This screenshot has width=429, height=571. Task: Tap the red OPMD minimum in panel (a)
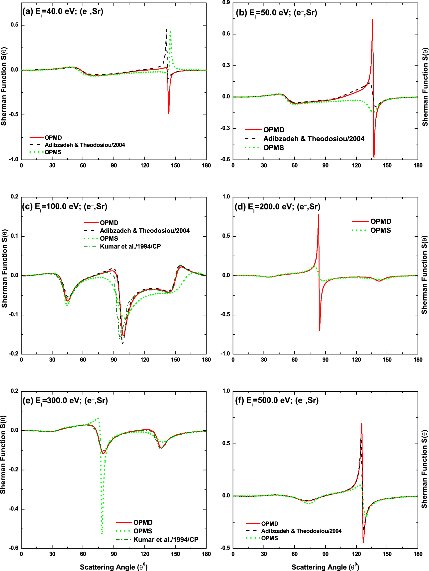click(x=169, y=113)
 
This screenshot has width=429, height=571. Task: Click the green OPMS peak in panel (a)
click(x=170, y=31)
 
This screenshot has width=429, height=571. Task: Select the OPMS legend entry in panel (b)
click(x=274, y=148)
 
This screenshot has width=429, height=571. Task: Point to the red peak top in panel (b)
click(x=372, y=20)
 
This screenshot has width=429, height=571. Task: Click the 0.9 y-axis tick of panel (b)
click(x=226, y=2)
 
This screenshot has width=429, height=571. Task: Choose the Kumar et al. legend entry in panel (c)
click(x=130, y=246)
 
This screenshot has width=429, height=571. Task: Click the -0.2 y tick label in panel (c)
click(x=14, y=354)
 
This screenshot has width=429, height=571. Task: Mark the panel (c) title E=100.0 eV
click(x=65, y=206)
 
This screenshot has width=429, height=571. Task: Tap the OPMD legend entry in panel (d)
click(x=380, y=221)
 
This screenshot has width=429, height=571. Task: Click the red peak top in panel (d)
click(x=319, y=214)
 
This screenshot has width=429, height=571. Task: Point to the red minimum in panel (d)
click(x=320, y=330)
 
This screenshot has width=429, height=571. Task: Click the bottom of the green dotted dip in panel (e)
click(x=102, y=533)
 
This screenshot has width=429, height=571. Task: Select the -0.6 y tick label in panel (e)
click(x=14, y=548)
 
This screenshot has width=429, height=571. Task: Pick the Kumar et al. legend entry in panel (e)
click(x=166, y=540)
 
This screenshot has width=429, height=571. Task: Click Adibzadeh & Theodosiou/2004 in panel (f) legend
click(x=301, y=531)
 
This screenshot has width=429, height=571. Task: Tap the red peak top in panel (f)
click(x=362, y=424)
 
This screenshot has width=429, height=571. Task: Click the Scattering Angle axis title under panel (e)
click(x=113, y=567)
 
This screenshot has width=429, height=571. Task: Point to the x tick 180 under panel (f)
click(x=418, y=554)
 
